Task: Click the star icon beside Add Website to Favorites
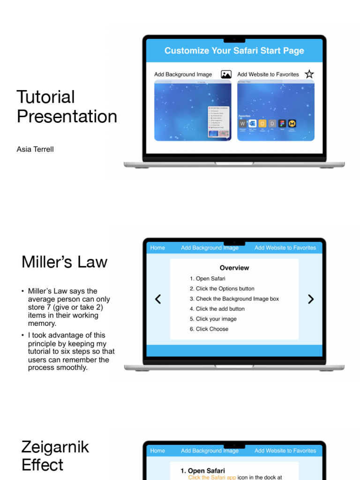click(x=309, y=74)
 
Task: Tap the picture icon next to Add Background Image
click(x=226, y=74)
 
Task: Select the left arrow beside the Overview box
click(x=158, y=299)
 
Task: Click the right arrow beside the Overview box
click(x=311, y=299)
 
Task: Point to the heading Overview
click(x=234, y=268)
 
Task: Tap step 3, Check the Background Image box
click(x=234, y=299)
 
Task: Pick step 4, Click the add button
click(x=217, y=309)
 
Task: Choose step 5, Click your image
click(x=213, y=319)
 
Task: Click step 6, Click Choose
click(x=209, y=329)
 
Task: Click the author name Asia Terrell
click(x=35, y=150)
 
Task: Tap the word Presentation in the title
click(x=67, y=116)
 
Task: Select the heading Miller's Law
click(x=65, y=262)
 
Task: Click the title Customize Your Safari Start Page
click(x=234, y=51)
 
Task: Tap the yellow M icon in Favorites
click(x=292, y=124)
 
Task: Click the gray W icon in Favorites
click(x=243, y=124)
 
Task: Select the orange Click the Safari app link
click(x=212, y=477)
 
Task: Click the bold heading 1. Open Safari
click(x=203, y=471)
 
